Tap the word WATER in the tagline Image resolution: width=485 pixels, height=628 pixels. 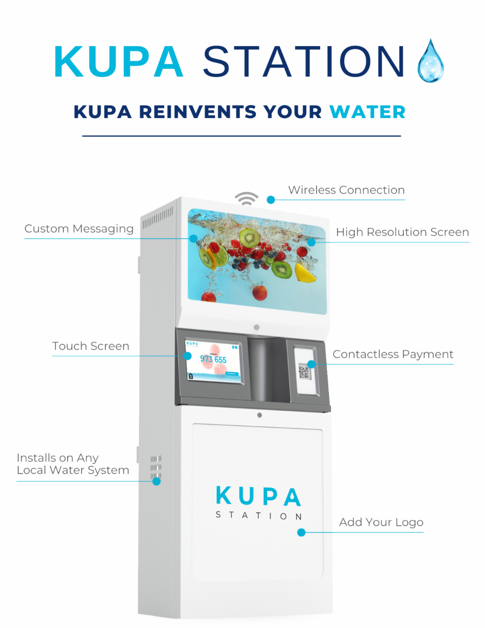(367, 112)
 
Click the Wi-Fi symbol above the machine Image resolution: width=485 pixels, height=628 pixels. (247, 199)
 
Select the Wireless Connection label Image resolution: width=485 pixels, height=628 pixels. (346, 190)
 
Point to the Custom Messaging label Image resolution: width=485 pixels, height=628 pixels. (79, 229)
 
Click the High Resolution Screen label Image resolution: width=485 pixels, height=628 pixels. (402, 232)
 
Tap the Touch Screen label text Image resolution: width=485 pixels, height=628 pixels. (91, 346)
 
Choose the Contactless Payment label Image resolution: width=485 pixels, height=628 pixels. (393, 354)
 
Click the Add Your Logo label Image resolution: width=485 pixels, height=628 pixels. (381, 522)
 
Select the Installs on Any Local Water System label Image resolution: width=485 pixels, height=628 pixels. (73, 464)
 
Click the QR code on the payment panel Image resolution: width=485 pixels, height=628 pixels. (304, 371)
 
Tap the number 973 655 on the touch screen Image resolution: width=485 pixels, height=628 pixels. (213, 359)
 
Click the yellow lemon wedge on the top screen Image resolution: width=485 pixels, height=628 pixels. (305, 273)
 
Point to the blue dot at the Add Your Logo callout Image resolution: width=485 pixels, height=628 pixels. (301, 533)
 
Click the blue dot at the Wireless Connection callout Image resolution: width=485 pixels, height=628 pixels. (271, 200)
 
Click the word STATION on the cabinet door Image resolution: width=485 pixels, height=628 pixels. (259, 516)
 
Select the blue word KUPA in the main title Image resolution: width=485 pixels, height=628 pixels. (119, 61)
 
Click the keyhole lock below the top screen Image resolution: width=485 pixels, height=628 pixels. (257, 327)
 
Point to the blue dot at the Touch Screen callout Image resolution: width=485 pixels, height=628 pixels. (188, 356)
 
